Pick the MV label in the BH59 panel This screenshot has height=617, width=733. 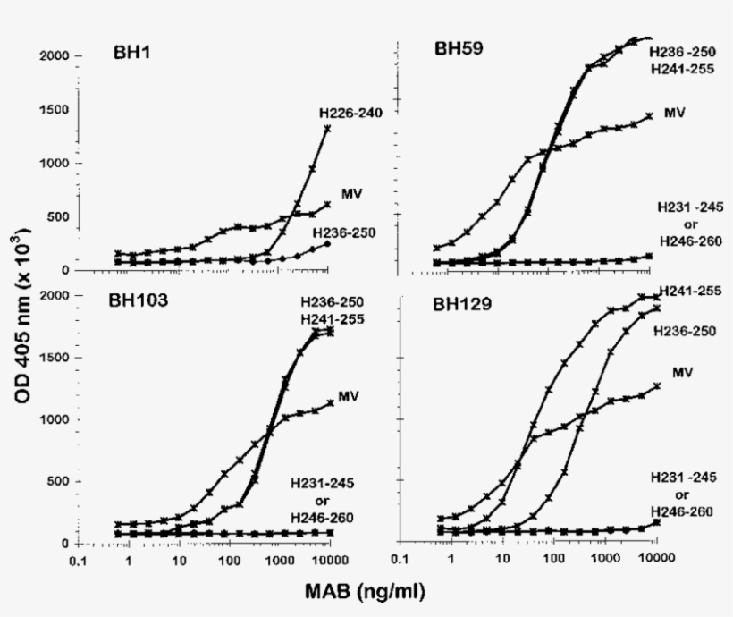[x=673, y=116]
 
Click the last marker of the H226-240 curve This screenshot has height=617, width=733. [x=328, y=129]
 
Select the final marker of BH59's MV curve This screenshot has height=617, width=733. [x=649, y=115]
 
